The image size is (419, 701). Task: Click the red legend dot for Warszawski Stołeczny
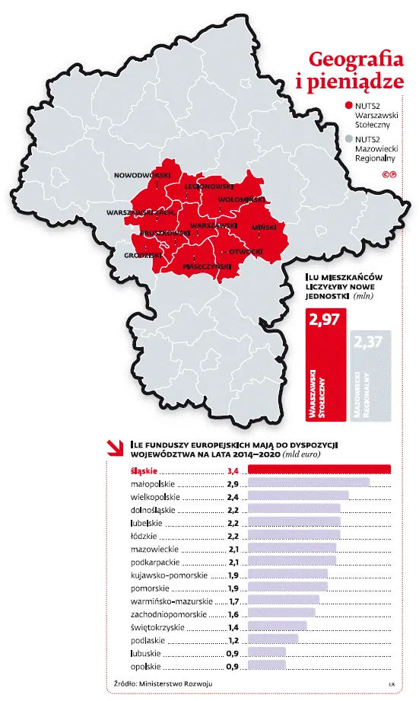[x=348, y=106]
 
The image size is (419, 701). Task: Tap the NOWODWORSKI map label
[x=141, y=175]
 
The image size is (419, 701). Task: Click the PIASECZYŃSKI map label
[x=206, y=266]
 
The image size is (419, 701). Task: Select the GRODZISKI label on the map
[x=143, y=256]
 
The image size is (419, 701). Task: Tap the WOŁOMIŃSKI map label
[x=240, y=199]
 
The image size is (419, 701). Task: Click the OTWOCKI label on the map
[x=246, y=250]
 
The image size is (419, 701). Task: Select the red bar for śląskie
[x=320, y=470]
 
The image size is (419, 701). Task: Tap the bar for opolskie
[x=268, y=664]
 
